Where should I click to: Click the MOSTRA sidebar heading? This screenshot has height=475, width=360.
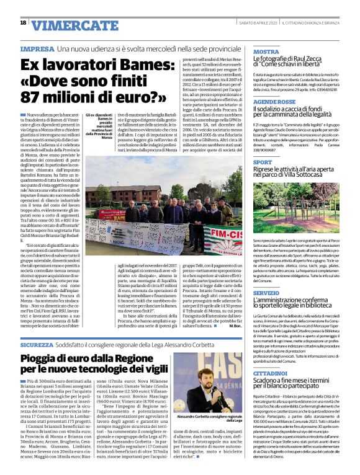pyautogui.click(x=266, y=51)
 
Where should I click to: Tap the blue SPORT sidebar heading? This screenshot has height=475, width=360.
pyautogui.click(x=263, y=162)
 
